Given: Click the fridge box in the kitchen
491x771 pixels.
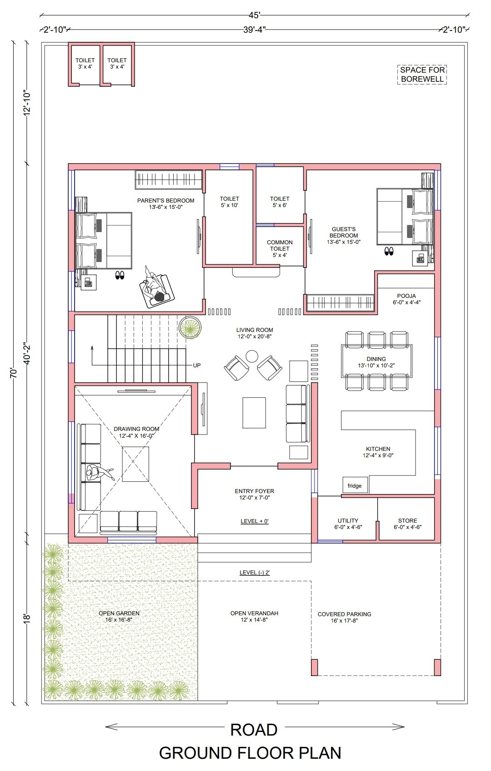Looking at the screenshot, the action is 355,485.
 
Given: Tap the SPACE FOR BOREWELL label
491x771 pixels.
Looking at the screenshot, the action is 422,74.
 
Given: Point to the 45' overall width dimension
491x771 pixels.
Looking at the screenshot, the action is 255,15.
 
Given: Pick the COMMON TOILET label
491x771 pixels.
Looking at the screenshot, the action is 280,248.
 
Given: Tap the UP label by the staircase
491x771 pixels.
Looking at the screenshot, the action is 197,365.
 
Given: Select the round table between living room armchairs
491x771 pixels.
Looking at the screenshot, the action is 252,356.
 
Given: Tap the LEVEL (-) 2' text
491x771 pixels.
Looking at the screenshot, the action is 255,573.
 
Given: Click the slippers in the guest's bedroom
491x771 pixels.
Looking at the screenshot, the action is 389,251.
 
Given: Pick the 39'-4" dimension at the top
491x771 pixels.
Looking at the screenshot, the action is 255,30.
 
